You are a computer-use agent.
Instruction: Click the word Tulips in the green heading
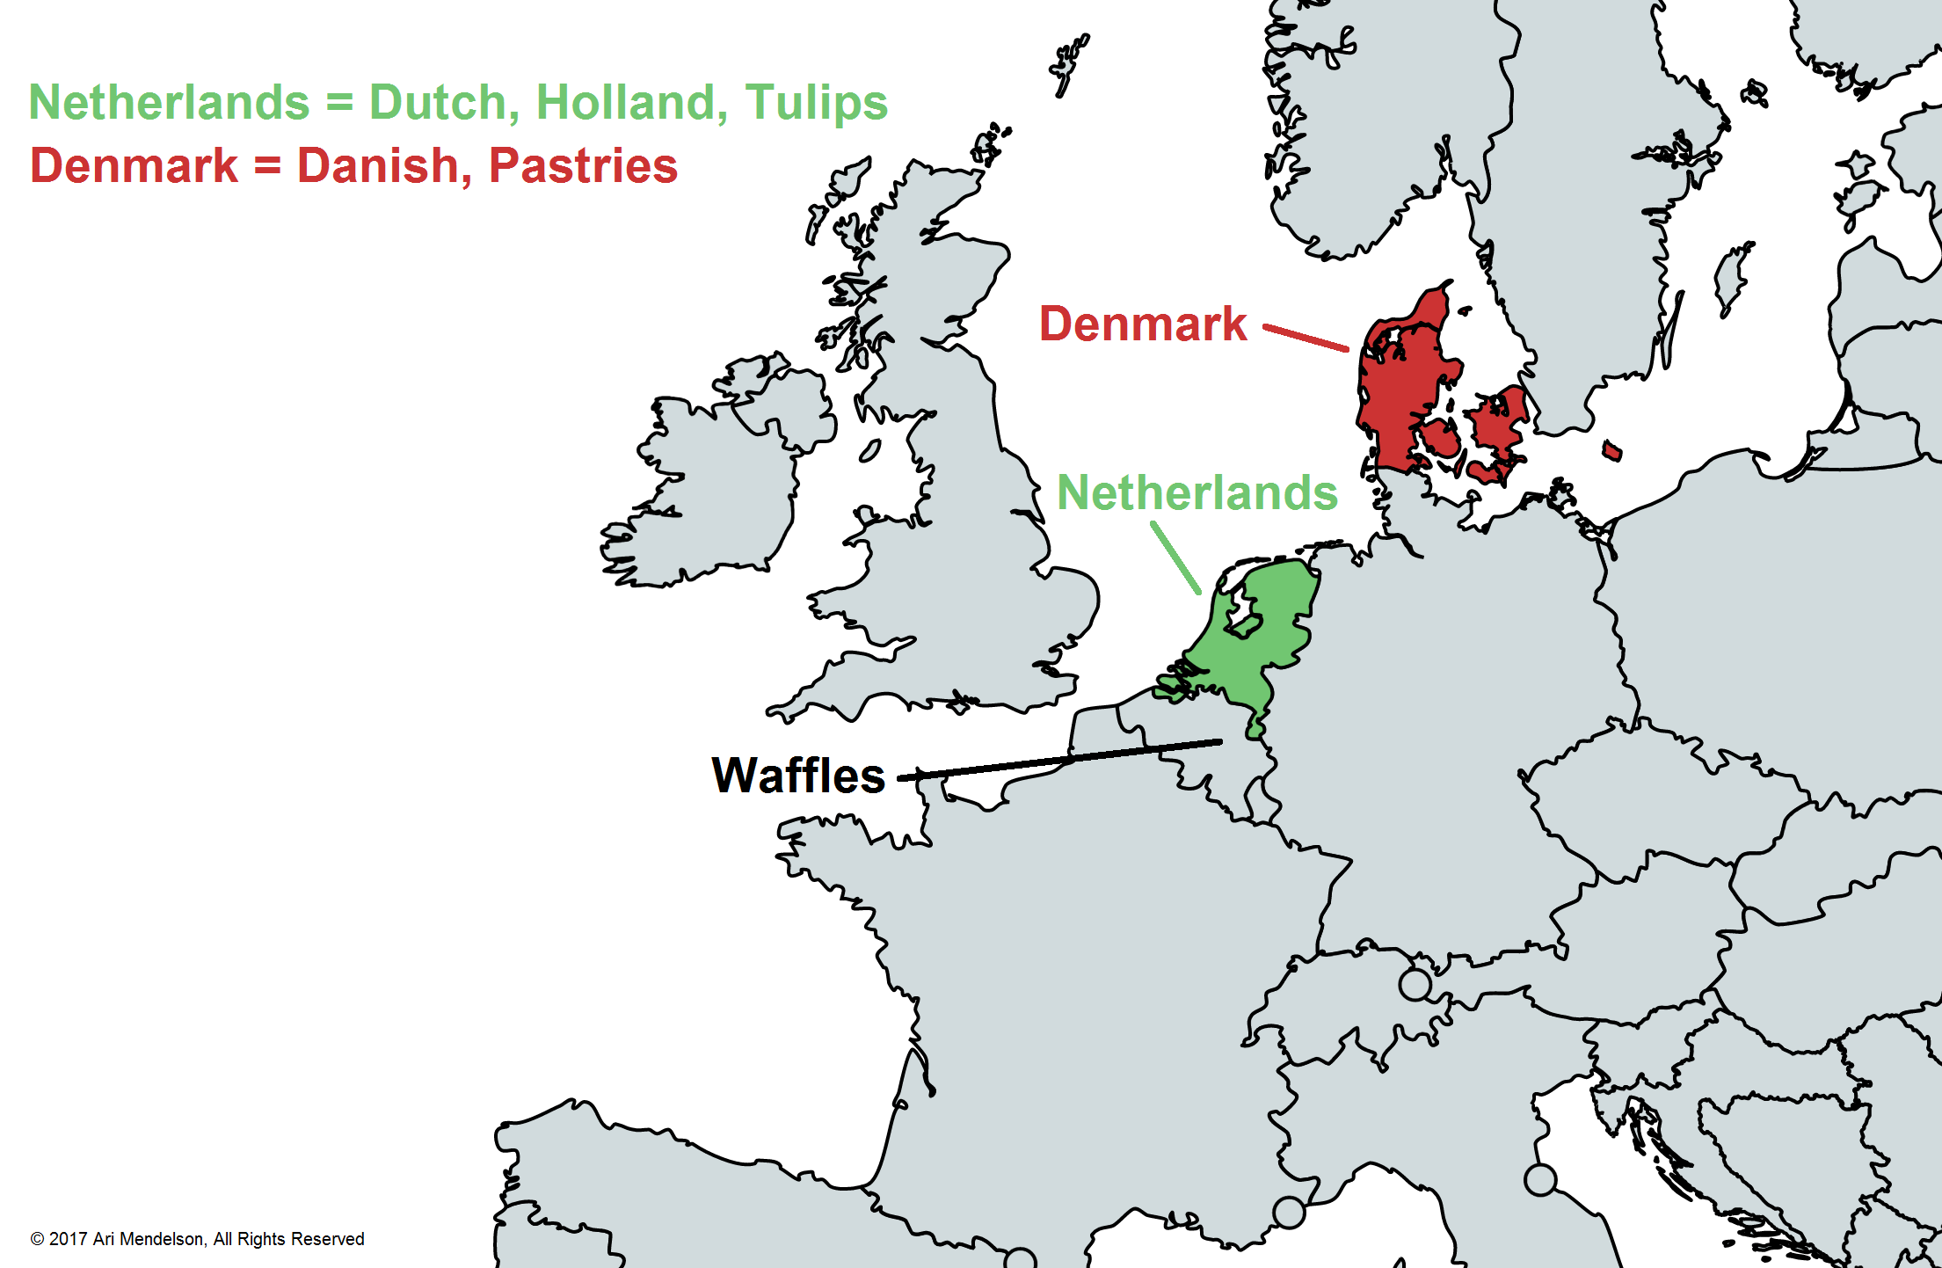point(817,103)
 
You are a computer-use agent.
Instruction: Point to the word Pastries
point(583,166)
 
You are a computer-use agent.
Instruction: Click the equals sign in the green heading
point(339,103)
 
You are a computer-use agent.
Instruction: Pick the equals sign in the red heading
point(267,166)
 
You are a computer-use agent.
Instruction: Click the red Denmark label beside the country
point(1143,324)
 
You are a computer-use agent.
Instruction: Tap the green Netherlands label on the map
point(1197,492)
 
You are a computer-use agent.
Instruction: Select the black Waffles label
point(798,776)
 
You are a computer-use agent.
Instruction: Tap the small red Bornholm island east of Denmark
point(1611,451)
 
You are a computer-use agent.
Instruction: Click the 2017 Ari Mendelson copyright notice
point(198,1239)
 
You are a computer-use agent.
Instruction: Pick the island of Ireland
point(712,492)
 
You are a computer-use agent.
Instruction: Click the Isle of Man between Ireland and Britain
point(869,451)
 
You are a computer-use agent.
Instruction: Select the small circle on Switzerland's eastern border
point(1415,984)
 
